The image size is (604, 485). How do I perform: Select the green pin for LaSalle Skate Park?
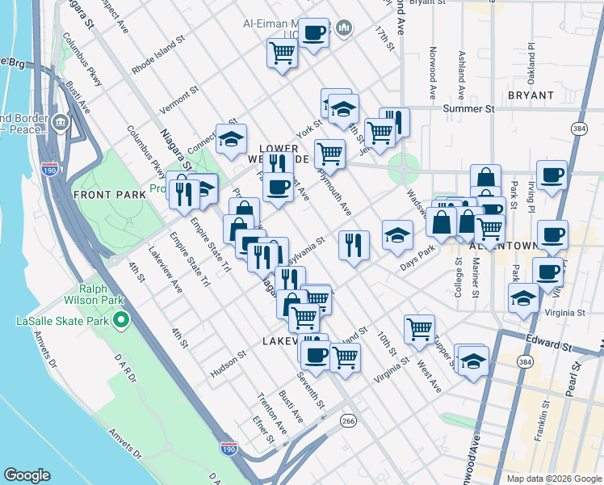[x=121, y=321]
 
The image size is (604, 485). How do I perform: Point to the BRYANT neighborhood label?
[x=531, y=95]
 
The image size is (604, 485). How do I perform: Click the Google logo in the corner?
[x=27, y=475]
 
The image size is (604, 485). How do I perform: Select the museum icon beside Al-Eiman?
[x=346, y=29]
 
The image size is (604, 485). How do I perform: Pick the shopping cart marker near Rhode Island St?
[x=282, y=53]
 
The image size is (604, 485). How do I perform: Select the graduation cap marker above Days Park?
[x=397, y=235]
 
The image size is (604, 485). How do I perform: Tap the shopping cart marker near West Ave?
[x=419, y=328]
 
